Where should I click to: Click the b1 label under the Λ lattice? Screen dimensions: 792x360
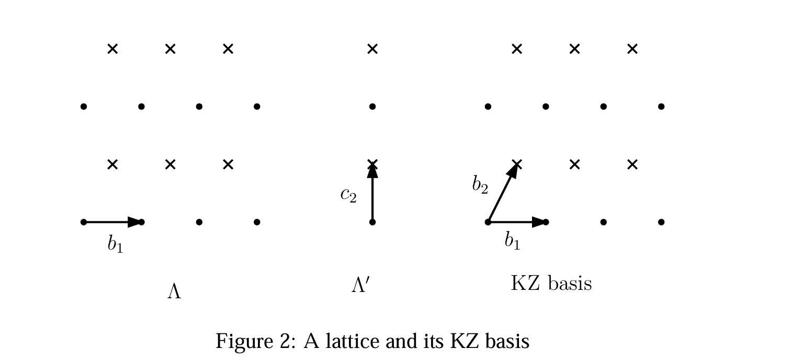click(x=115, y=244)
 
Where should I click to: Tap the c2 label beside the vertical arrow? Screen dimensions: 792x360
click(x=348, y=194)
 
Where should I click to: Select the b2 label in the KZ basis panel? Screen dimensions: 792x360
click(x=480, y=185)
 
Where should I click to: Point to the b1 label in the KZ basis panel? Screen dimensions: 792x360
click(x=512, y=241)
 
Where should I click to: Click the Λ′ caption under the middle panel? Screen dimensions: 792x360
click(x=361, y=285)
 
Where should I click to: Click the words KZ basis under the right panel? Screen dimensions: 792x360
click(x=551, y=283)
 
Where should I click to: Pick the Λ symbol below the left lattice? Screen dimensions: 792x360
click(x=174, y=292)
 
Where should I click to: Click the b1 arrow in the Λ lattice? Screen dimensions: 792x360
click(x=112, y=222)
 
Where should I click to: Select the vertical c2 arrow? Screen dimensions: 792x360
click(x=372, y=193)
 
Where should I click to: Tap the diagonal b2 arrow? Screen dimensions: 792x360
click(x=503, y=193)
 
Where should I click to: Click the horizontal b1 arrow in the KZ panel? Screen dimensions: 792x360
click(x=517, y=222)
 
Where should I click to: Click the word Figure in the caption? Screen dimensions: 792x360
click(x=244, y=342)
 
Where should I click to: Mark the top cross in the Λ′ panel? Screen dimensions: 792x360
click(x=372, y=49)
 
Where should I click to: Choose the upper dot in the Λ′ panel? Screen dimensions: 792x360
click(x=372, y=106)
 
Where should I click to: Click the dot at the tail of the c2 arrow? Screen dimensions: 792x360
click(x=372, y=222)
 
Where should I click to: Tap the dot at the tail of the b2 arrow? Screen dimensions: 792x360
click(x=488, y=222)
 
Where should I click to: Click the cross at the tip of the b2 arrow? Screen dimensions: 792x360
click(x=517, y=164)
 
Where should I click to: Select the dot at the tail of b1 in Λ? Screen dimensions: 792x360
click(x=84, y=222)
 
